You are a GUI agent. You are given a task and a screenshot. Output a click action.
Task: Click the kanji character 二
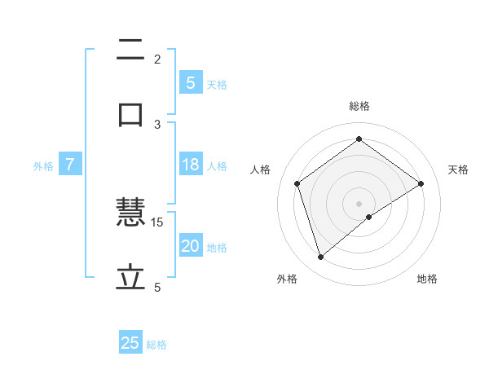[x=130, y=51]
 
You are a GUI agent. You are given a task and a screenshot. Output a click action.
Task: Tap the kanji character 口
[x=130, y=114]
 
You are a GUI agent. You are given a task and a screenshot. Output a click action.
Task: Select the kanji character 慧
[x=130, y=214]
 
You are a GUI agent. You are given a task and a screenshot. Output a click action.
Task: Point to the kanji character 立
[x=130, y=278]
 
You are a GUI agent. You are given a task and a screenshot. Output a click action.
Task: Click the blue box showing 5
[x=190, y=82]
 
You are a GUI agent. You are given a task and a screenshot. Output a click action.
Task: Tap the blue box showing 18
[x=190, y=165]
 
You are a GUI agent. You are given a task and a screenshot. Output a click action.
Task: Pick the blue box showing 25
[x=130, y=343]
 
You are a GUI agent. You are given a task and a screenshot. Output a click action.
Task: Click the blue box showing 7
[x=70, y=165]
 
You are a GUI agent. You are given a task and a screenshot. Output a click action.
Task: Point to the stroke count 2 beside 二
[x=157, y=59]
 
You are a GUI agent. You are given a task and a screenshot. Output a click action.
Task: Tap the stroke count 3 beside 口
[x=157, y=124]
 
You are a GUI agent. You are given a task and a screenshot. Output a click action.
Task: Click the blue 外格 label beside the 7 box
[x=43, y=166]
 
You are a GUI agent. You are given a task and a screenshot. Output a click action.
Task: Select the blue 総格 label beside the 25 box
[x=156, y=345]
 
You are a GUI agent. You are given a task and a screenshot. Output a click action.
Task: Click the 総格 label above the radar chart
[x=359, y=106]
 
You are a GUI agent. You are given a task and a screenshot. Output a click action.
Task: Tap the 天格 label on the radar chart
[x=458, y=169]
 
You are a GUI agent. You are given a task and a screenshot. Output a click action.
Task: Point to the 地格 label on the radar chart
[x=427, y=280]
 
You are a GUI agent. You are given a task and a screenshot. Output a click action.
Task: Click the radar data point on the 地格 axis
[x=369, y=217]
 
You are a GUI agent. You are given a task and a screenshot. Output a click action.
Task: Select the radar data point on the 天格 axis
[x=421, y=183]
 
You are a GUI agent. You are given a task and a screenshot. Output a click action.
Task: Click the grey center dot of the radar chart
[x=359, y=203]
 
